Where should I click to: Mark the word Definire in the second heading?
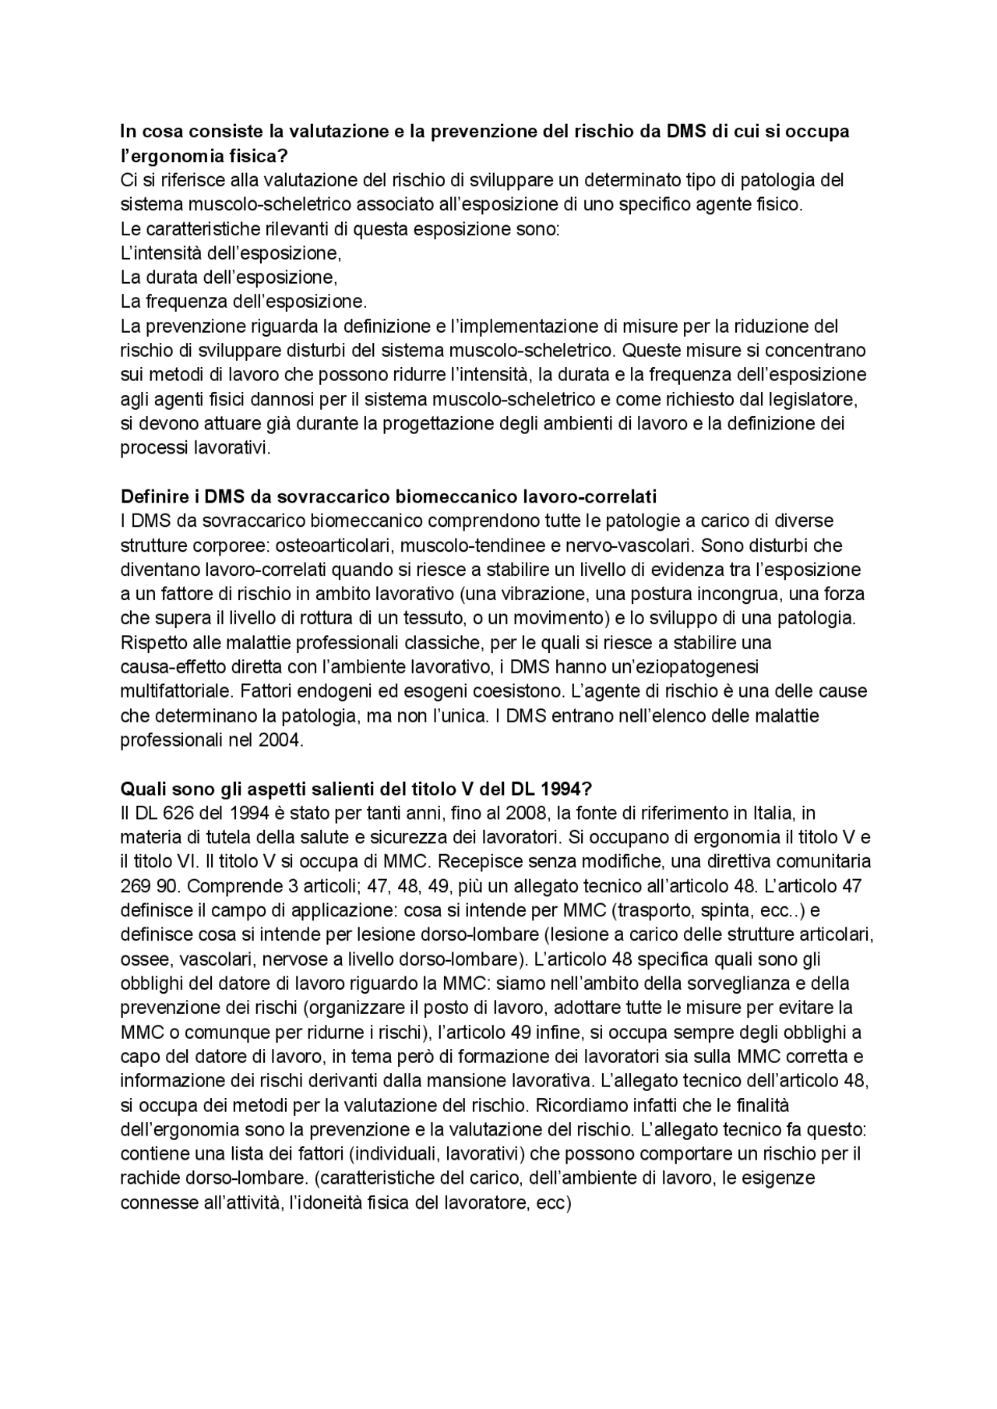153,496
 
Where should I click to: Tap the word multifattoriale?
176,691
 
